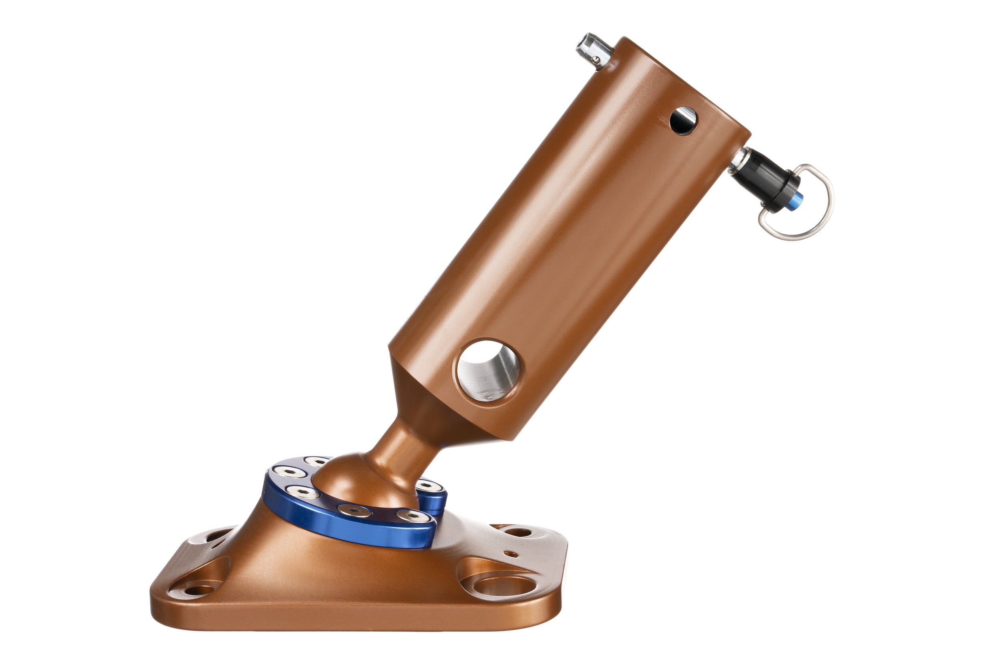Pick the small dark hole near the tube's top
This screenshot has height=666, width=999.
point(683,121)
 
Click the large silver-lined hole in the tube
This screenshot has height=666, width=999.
point(488,370)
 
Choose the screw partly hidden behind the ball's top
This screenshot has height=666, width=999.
point(316,461)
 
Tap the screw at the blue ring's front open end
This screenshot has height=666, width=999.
point(412,516)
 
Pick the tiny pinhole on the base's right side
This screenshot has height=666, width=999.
point(510,554)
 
